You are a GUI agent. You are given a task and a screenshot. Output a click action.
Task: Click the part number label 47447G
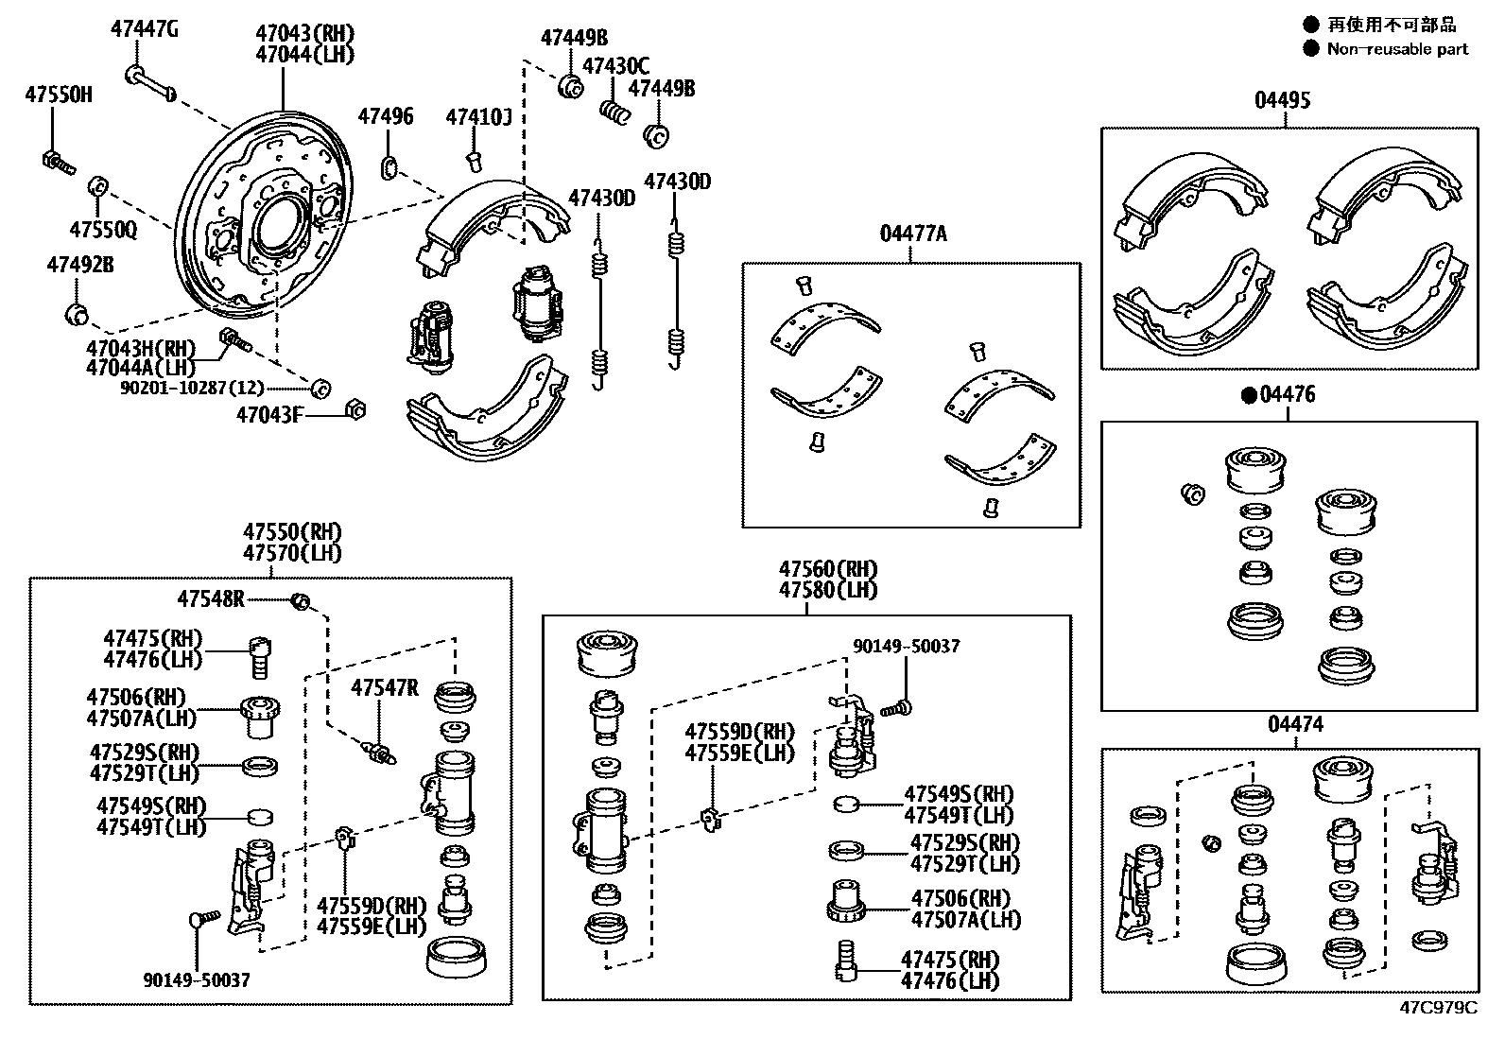[144, 28]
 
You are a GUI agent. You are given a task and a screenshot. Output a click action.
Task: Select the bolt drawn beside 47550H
[56, 162]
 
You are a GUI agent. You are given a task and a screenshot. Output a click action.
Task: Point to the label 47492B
[80, 266]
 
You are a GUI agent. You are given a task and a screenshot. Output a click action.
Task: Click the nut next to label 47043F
[356, 409]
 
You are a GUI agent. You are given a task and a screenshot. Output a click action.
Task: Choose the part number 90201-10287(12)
[192, 388]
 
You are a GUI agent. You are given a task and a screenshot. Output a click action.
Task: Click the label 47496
[385, 116]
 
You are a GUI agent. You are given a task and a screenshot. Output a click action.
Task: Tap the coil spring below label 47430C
[615, 112]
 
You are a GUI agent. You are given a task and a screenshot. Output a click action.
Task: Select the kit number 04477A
[912, 233]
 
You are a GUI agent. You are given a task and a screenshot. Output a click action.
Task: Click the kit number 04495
[1283, 100]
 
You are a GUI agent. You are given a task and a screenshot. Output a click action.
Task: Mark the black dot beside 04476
[1249, 395]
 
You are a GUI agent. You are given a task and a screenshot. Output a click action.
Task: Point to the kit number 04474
[1295, 724]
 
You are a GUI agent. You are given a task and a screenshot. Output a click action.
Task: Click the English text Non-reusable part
[1397, 49]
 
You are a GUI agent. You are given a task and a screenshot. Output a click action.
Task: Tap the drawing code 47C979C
[1438, 1007]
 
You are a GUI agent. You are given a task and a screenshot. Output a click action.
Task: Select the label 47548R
[211, 598]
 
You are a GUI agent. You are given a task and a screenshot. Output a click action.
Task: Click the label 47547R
[384, 687]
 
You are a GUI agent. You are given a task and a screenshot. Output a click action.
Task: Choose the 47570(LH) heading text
[292, 553]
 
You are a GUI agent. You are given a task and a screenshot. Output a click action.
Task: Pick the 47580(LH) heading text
[828, 590]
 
